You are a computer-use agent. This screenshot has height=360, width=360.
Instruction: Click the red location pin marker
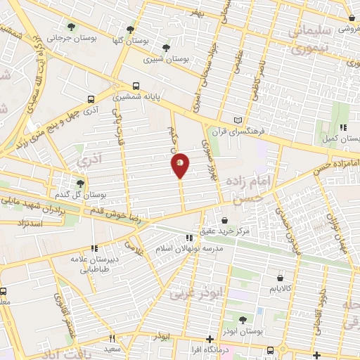pyautogui.click(x=180, y=165)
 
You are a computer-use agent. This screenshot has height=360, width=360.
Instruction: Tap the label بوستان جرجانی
pyautogui.click(x=62, y=38)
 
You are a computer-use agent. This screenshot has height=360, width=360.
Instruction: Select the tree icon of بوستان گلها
pyautogui.click(x=130, y=30)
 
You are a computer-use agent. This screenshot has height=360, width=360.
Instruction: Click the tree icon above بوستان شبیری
pyautogui.click(x=165, y=49)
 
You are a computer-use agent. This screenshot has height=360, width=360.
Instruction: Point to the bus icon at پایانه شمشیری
pyautogui.click(x=136, y=86)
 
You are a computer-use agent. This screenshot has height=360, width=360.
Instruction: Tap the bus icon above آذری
pyautogui.click(x=91, y=100)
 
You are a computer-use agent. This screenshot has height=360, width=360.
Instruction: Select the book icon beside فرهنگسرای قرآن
pyautogui.click(x=237, y=120)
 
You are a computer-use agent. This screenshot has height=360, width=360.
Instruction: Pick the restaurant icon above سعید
pyautogui.click(x=112, y=338)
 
